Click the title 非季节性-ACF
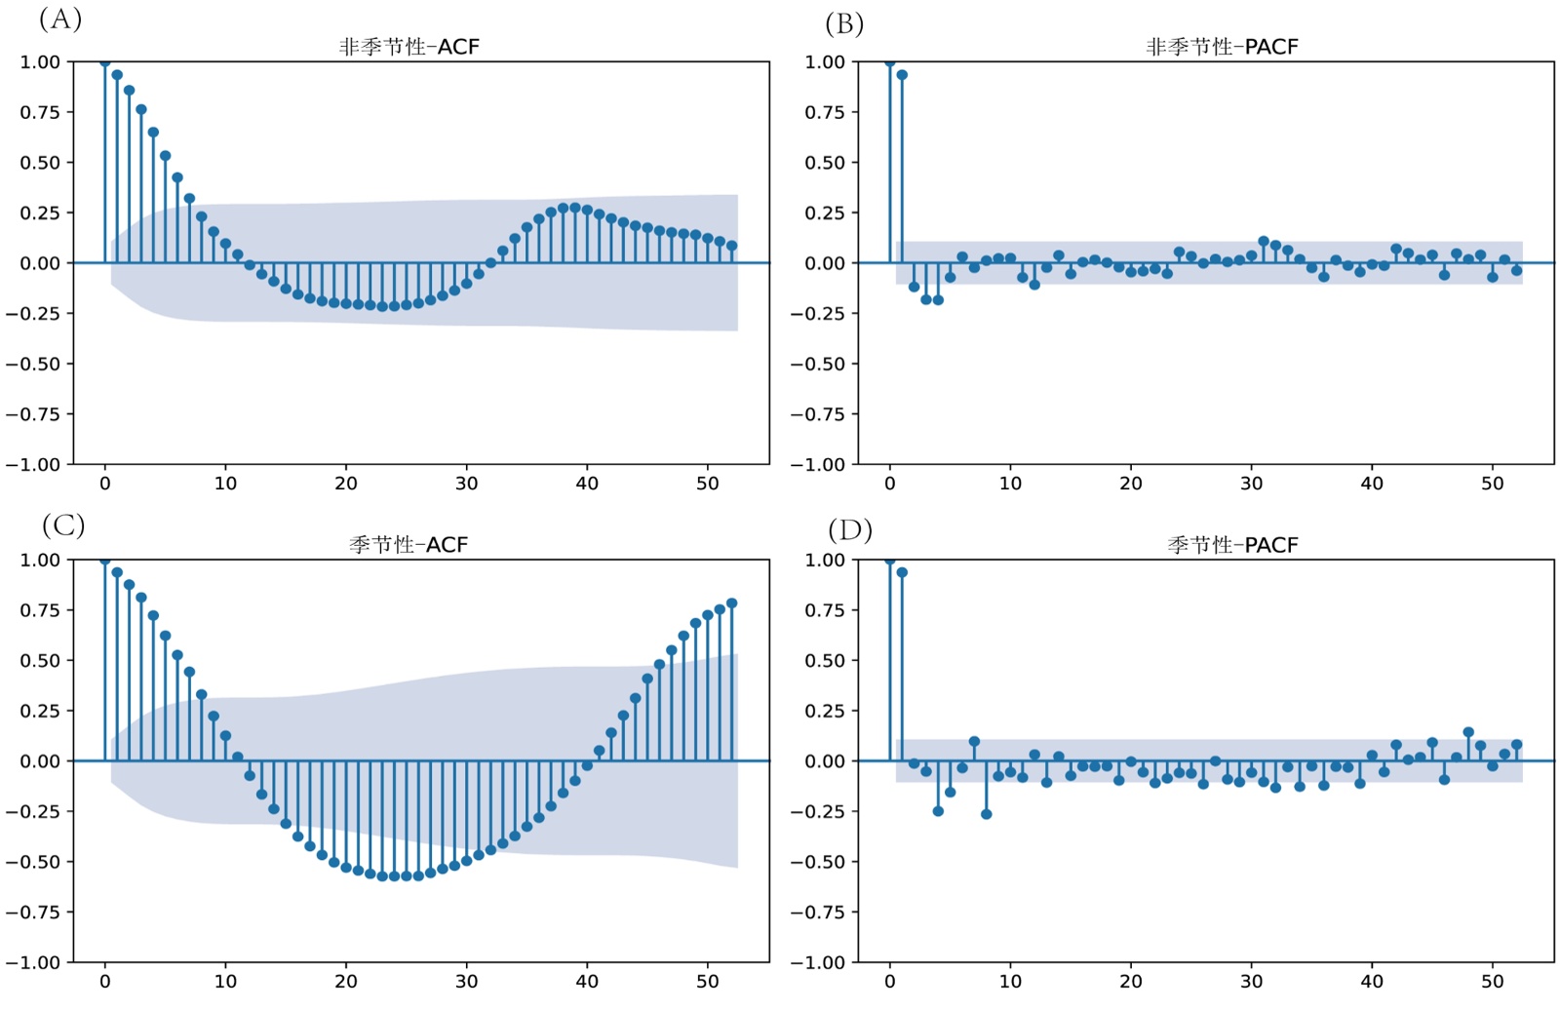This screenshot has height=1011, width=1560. (x=409, y=47)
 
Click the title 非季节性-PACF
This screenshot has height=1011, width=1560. (x=1222, y=47)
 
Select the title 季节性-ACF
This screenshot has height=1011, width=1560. (x=409, y=545)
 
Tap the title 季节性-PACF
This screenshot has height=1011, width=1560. (x=1232, y=545)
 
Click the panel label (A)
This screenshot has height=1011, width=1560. (x=60, y=19)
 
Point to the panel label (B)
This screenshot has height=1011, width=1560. (x=844, y=23)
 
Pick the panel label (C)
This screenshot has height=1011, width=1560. (x=63, y=525)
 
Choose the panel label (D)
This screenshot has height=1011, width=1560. (x=850, y=529)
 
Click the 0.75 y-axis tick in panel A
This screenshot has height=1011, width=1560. (x=40, y=112)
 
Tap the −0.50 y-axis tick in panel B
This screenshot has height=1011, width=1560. (x=818, y=364)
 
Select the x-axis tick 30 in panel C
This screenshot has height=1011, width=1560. (x=466, y=981)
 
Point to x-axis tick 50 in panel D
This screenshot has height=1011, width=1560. (x=1492, y=981)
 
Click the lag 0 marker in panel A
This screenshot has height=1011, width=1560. (x=105, y=62)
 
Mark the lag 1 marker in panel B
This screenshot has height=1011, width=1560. (x=902, y=75)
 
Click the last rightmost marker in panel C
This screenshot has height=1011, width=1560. (x=732, y=603)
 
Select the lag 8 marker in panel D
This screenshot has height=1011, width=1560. (x=986, y=814)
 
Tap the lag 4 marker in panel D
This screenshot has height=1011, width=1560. (x=938, y=811)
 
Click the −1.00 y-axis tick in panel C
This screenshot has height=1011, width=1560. (x=33, y=962)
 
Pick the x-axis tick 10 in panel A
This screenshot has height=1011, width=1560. (x=225, y=483)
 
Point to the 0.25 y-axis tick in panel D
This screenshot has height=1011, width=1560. (x=824, y=711)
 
